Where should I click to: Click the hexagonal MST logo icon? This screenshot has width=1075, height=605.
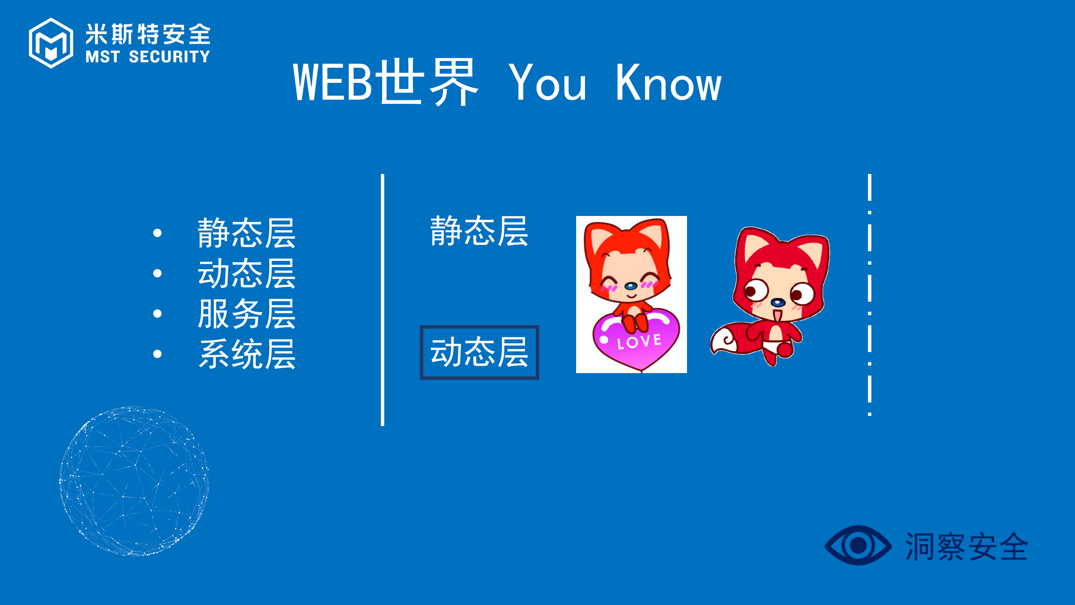[51, 43]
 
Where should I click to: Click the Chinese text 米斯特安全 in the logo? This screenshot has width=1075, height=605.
[148, 34]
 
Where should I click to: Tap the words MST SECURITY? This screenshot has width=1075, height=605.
[148, 57]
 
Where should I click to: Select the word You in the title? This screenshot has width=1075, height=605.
[547, 83]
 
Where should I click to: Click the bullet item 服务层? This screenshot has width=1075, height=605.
[246, 314]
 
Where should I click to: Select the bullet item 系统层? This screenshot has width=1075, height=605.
[246, 354]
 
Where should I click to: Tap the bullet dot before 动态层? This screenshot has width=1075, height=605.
[157, 274]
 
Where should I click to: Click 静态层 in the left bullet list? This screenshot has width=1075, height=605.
[246, 233]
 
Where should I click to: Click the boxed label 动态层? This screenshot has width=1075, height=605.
[479, 352]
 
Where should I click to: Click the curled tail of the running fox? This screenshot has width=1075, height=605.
[726, 341]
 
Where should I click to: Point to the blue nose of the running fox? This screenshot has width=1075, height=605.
[778, 302]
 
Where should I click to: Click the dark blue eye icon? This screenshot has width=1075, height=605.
[858, 545]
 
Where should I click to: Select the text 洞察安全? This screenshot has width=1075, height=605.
[966, 546]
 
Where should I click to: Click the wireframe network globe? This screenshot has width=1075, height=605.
[134, 481]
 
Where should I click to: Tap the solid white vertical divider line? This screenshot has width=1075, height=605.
[383, 300]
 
